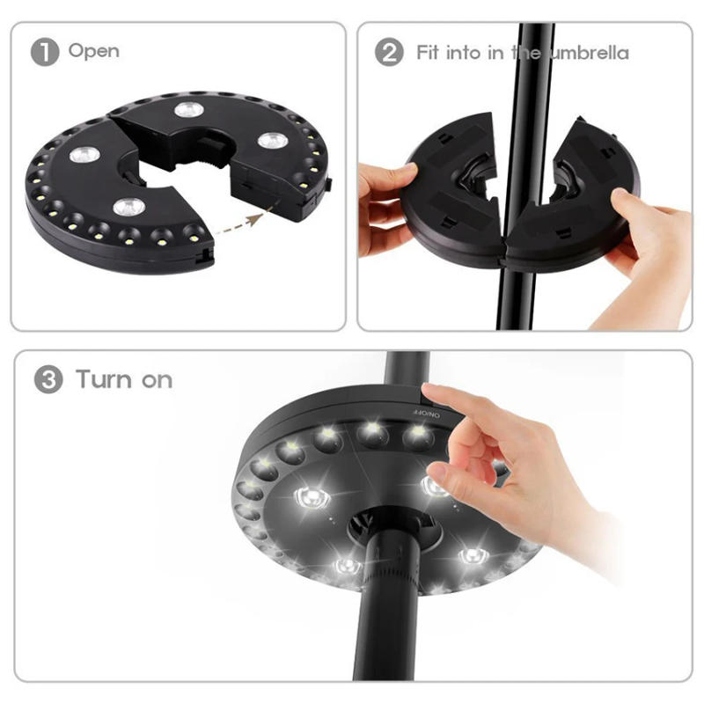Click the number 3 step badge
(x=48, y=381)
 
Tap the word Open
(x=94, y=51)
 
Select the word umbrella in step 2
(x=589, y=53)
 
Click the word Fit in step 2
(x=429, y=52)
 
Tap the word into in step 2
(x=463, y=52)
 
